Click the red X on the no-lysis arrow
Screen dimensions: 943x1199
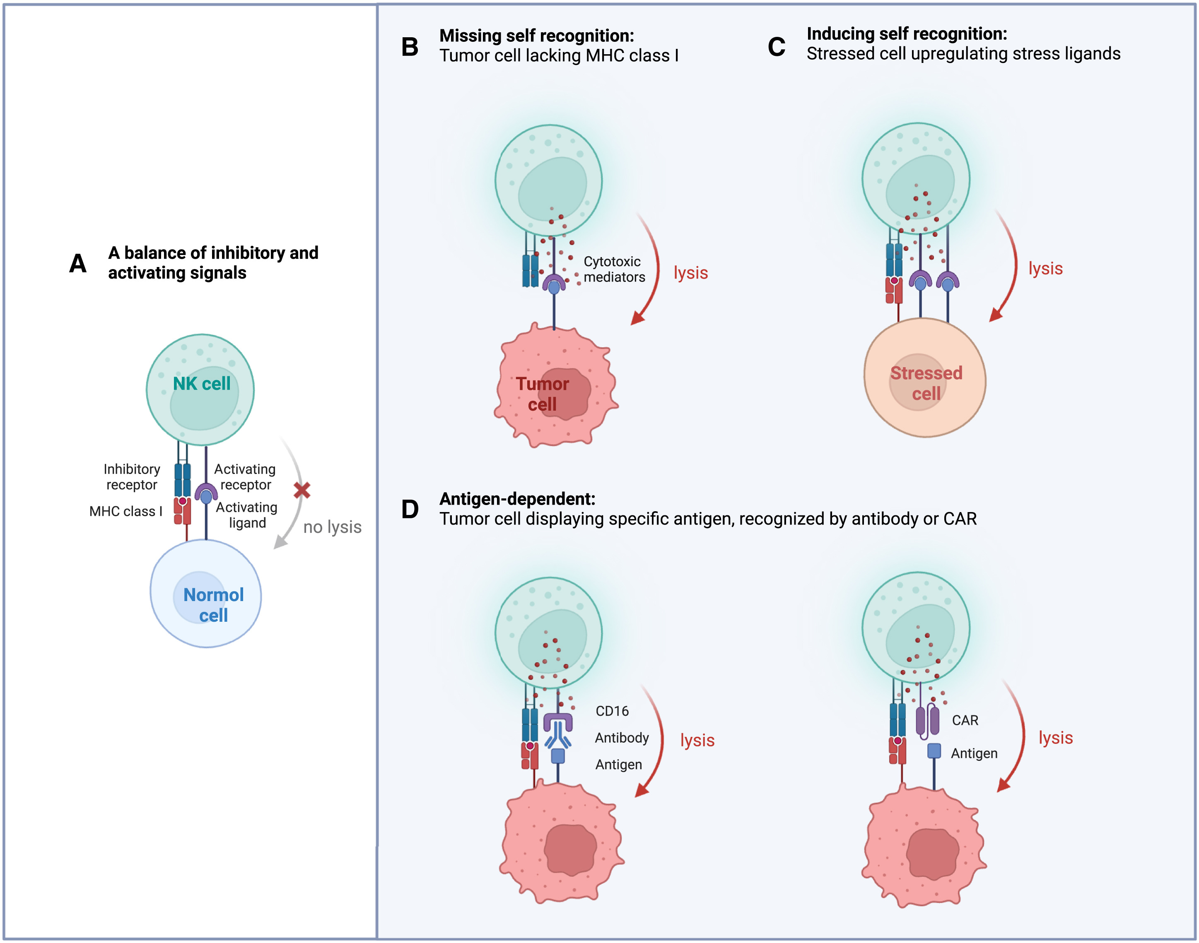(302, 490)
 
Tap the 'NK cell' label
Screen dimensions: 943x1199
(202, 384)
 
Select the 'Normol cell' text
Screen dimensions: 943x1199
(213, 605)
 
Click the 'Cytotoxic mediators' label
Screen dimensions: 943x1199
(614, 269)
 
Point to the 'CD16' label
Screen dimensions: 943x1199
(612, 711)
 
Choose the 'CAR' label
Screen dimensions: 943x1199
(965, 721)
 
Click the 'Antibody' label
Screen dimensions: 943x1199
(622, 738)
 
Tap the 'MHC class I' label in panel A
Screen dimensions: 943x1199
(126, 512)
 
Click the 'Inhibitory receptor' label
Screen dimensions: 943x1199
(132, 477)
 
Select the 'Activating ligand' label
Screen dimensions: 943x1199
(247, 515)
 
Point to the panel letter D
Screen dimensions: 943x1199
(410, 510)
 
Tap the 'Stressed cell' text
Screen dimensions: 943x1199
(926, 384)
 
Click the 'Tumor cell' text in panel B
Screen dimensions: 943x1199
(542, 394)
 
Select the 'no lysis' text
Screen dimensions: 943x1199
(333, 527)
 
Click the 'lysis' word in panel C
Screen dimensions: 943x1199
(1045, 269)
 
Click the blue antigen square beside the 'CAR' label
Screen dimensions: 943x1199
(934, 751)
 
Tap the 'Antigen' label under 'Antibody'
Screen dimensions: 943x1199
(619, 765)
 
